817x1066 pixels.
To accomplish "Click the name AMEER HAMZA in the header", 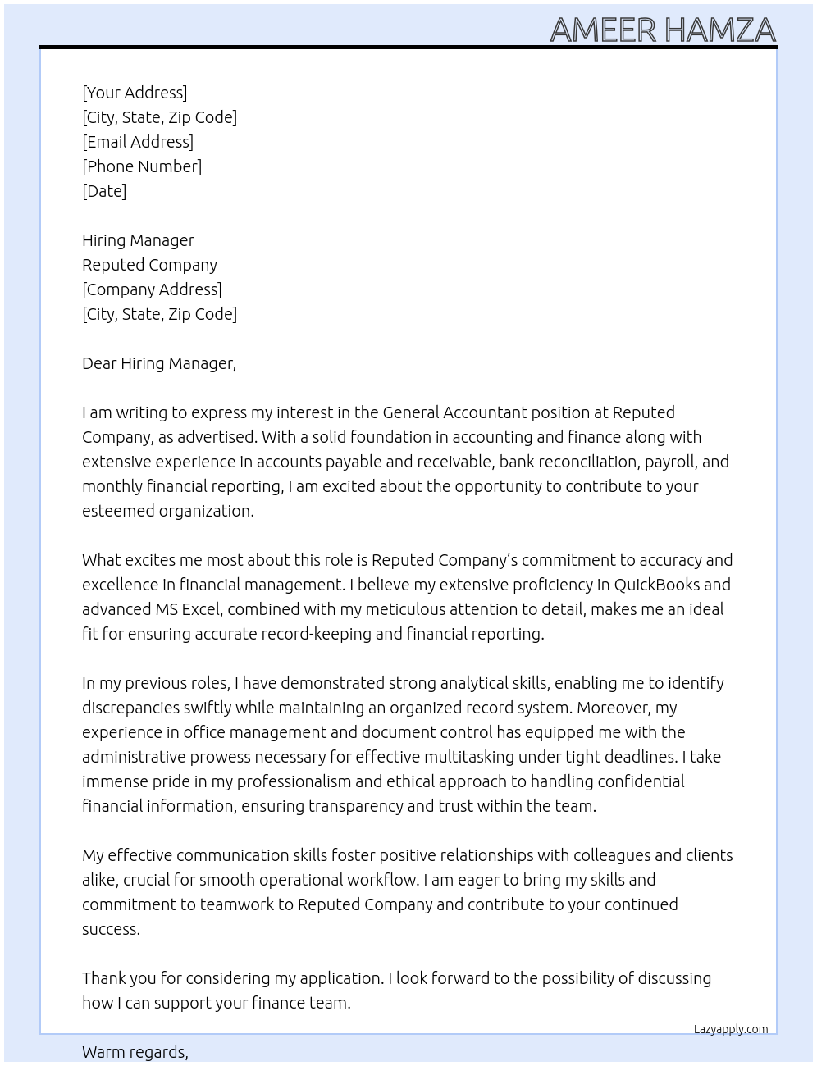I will pos(663,30).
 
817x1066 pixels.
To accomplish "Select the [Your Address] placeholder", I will pos(135,93).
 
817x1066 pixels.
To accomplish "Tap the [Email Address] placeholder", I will pos(138,142).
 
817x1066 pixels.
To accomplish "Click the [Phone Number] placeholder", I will pos(142,166).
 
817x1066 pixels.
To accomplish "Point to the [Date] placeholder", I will pos(104,191).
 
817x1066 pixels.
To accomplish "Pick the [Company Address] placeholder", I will pos(152,289).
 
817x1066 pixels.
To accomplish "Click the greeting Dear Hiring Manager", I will pos(158,363).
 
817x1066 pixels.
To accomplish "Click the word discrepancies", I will pos(132,708).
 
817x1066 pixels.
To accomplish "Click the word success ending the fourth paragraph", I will pos(111,929).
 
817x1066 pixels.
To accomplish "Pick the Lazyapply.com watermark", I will pos(731,1029).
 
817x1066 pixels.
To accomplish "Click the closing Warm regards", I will pos(135,1052).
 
